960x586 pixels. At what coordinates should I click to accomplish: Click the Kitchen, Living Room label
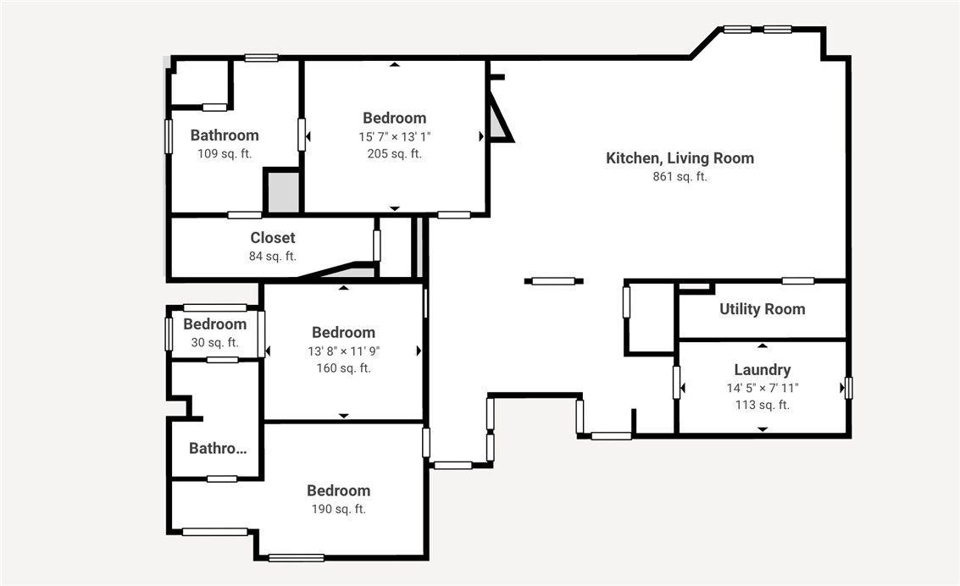coord(680,158)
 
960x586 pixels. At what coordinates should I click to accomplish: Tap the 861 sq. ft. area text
coord(680,177)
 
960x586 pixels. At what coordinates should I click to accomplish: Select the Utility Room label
coord(762,309)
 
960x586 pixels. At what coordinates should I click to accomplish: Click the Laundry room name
coord(762,369)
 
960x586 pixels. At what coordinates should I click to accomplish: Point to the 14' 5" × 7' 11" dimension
coord(762,388)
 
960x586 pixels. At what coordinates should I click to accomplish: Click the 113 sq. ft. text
coord(762,405)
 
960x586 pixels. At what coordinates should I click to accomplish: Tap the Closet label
coord(273,238)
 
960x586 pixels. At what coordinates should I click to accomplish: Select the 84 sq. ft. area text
coord(273,256)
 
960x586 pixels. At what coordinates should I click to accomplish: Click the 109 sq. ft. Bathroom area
coord(224,153)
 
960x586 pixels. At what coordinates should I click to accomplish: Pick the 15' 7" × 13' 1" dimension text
coord(394,136)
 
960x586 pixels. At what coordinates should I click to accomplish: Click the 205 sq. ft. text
coord(394,153)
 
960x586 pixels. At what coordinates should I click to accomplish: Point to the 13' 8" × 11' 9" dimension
coord(343,351)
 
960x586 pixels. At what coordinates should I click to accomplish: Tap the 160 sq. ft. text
coord(343,368)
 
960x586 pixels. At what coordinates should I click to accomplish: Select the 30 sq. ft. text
coord(214,342)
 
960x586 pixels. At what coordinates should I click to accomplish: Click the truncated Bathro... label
coord(218,449)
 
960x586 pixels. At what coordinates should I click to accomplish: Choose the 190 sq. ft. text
coord(338,509)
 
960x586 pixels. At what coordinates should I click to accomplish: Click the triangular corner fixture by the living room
coord(499,121)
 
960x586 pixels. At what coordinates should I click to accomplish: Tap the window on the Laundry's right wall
coord(847,388)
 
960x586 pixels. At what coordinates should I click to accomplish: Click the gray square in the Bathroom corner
coord(282,192)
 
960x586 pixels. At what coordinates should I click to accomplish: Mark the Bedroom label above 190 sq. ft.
coord(338,490)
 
